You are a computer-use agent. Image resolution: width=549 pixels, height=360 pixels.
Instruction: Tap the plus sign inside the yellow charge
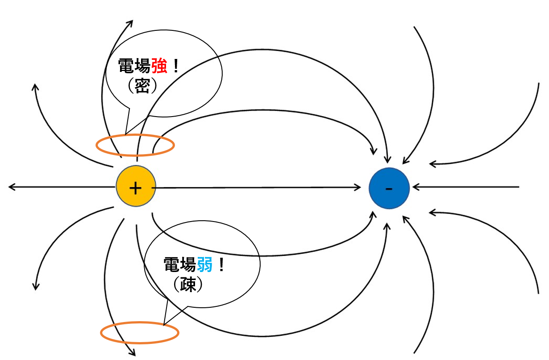coord(135,188)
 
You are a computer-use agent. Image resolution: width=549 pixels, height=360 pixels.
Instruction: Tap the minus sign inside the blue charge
coord(389,188)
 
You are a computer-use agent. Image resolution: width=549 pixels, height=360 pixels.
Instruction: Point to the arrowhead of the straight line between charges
coord(358,187)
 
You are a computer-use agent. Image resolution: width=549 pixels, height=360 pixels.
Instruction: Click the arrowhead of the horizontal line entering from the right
coord(415,187)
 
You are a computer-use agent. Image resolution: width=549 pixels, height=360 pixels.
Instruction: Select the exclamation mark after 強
coord(176,67)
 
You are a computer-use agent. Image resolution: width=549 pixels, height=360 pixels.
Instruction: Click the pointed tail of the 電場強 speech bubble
coord(126,133)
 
